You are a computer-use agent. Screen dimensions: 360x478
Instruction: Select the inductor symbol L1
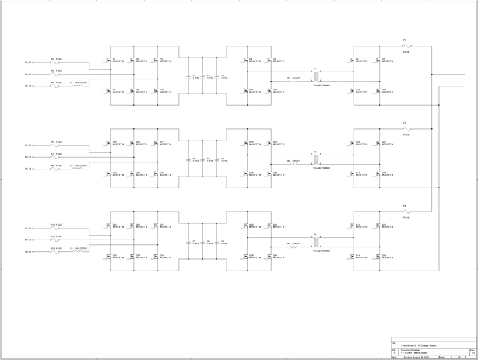(x=77, y=86)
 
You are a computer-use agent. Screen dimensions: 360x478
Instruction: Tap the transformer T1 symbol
(x=315, y=76)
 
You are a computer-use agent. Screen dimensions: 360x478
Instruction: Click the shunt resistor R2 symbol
(x=293, y=164)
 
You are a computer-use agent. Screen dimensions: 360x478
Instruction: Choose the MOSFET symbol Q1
(x=108, y=60)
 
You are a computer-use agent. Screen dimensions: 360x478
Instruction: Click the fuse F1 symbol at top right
(x=406, y=46)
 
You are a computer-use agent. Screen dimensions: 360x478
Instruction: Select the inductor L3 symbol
(x=77, y=251)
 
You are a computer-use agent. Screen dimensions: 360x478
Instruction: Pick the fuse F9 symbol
(x=406, y=211)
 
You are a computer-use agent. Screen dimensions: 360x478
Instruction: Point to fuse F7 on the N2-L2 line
(x=55, y=157)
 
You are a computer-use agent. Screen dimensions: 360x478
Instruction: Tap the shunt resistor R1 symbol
(x=293, y=81)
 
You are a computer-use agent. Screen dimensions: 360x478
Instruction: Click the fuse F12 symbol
(x=55, y=251)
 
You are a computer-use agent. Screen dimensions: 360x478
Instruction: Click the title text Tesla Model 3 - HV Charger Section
(x=419, y=346)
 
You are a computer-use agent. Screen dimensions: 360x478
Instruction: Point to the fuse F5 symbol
(x=406, y=128)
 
